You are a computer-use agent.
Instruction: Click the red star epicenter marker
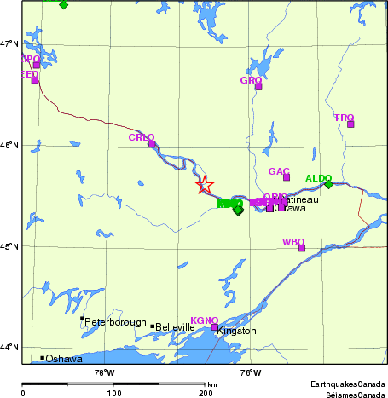pyautogui.click(x=205, y=185)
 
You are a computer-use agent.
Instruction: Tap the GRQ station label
pyautogui.click(x=251, y=80)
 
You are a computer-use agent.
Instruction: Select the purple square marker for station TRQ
pyautogui.click(x=350, y=124)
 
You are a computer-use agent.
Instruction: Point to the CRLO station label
pyautogui.click(x=142, y=137)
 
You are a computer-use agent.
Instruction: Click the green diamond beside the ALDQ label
pyautogui.click(x=328, y=184)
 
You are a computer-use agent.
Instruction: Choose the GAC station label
pyautogui.click(x=280, y=171)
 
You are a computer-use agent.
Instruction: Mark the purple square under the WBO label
pyautogui.click(x=301, y=248)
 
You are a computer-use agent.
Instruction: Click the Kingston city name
pyautogui.click(x=236, y=331)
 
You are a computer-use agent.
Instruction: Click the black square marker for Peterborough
pyautogui.click(x=82, y=319)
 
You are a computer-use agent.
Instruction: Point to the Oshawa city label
pyautogui.click(x=64, y=359)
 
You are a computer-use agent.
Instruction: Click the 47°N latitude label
pyautogui.click(x=9, y=43)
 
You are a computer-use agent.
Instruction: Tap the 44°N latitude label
pyautogui.click(x=9, y=347)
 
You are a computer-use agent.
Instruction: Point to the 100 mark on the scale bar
pyautogui.click(x=113, y=393)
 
